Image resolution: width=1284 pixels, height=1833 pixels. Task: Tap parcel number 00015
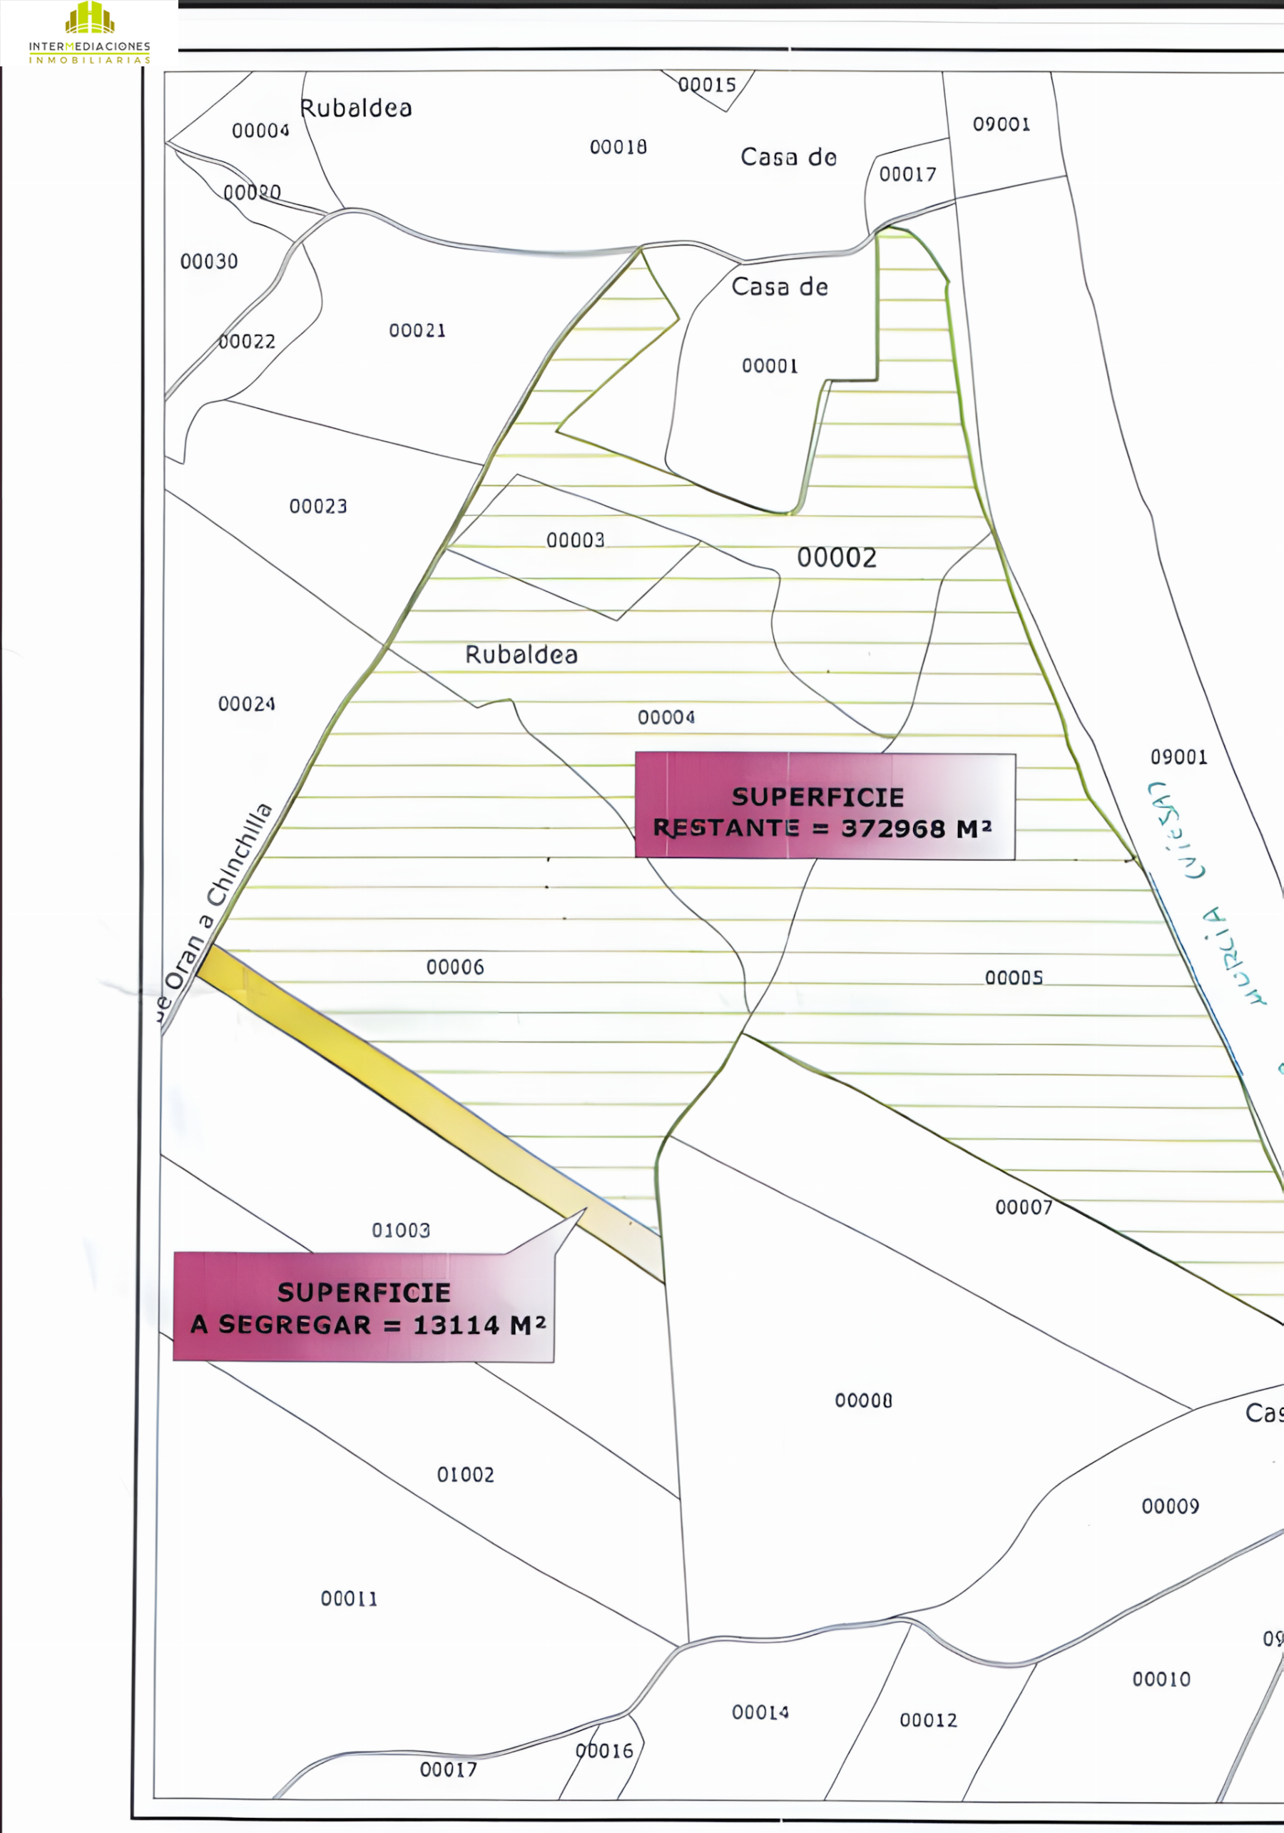point(707,85)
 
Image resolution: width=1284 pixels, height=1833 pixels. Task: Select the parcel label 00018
point(618,147)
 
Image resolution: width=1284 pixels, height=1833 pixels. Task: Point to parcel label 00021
point(417,330)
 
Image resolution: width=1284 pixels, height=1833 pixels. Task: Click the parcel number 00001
point(770,365)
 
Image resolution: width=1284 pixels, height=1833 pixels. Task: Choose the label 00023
point(318,506)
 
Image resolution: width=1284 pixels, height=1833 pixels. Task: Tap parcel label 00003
point(576,540)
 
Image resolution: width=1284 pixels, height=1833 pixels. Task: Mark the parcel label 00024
point(247,704)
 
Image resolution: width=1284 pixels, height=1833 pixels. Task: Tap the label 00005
point(1014,978)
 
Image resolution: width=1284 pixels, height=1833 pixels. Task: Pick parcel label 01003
point(402,1231)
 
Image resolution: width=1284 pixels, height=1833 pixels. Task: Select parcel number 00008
point(863,1401)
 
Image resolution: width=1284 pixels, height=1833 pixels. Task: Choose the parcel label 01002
point(465,1475)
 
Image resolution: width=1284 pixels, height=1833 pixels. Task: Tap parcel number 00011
point(349,1598)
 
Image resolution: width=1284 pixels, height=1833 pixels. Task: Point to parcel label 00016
point(604,1751)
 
